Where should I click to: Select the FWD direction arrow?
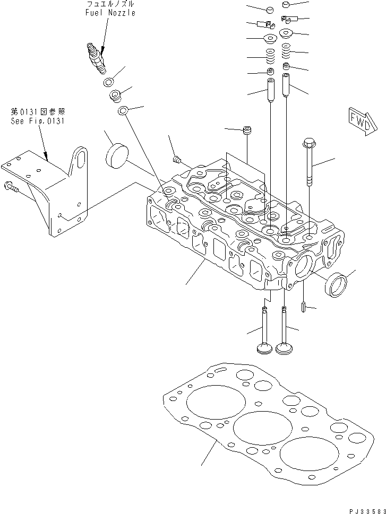[359, 125]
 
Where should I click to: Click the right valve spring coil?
[286, 51]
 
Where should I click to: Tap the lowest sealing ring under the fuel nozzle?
[123, 111]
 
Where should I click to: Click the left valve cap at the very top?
[270, 10]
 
